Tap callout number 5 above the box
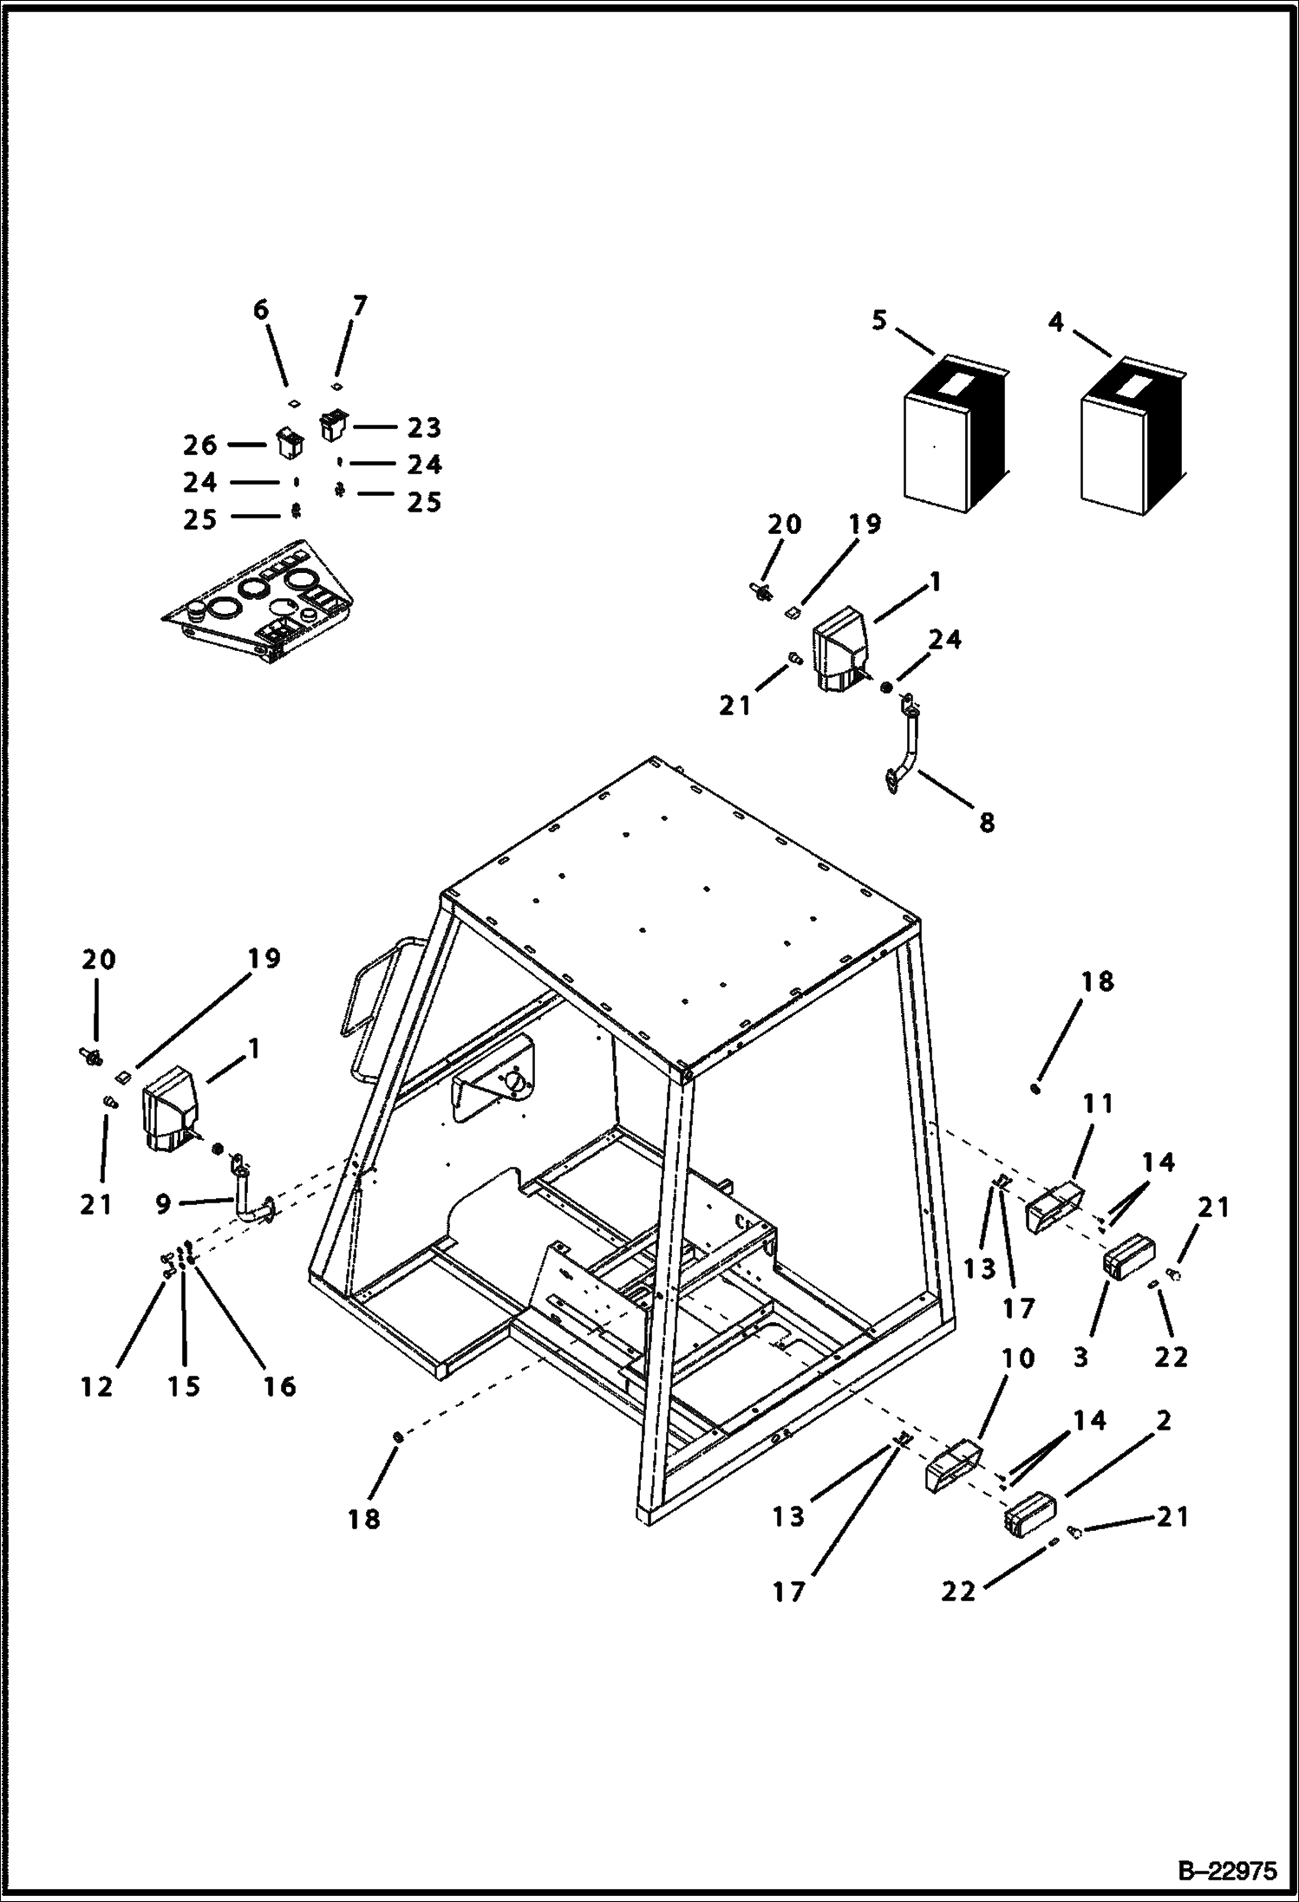click(879, 322)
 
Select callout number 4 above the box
click(1055, 322)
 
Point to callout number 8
click(987, 822)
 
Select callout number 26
click(200, 445)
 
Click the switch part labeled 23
click(332, 425)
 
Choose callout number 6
click(261, 310)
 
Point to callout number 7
click(360, 306)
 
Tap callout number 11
click(1097, 1104)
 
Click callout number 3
click(1080, 1356)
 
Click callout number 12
click(97, 1386)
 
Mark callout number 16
click(279, 1386)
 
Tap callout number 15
click(184, 1386)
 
